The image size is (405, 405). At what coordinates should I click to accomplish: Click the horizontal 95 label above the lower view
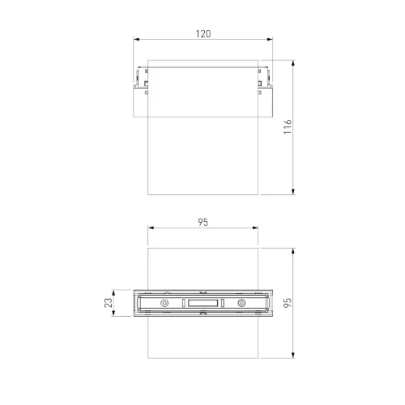click(202, 222)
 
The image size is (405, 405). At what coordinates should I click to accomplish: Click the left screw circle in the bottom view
click(164, 303)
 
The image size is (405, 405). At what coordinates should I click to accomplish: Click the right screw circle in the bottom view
click(241, 303)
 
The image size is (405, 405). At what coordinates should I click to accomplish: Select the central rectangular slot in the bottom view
click(202, 303)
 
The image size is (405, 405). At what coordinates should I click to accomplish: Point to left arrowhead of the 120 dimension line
click(135, 40)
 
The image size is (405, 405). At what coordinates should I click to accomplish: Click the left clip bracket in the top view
click(139, 81)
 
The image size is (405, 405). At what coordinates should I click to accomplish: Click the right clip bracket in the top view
click(266, 81)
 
